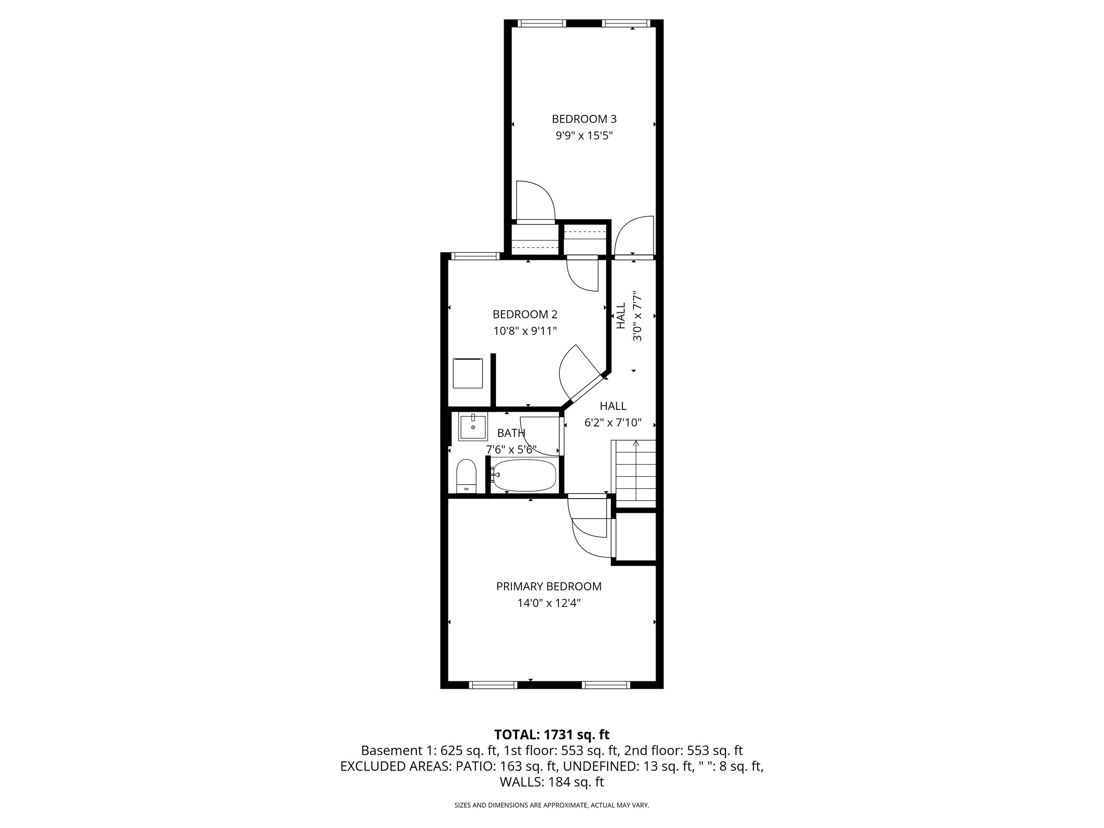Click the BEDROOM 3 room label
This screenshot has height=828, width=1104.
584,119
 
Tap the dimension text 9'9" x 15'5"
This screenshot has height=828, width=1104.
584,135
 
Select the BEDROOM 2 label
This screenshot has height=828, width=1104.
524,315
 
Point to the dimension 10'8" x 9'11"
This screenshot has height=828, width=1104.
524,331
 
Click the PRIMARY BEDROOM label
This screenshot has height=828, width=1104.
548,586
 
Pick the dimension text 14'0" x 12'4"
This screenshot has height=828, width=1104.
548,603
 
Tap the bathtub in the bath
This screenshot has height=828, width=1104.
524,475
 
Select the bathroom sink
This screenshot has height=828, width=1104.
472,427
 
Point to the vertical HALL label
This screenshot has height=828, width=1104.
621,316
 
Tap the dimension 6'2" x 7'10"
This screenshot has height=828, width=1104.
612,423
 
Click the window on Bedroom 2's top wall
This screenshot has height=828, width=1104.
475,256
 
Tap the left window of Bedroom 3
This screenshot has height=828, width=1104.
541,23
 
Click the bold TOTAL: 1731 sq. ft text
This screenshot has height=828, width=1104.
552,735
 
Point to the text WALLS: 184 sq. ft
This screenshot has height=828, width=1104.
552,782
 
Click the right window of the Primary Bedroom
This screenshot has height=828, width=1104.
607,685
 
